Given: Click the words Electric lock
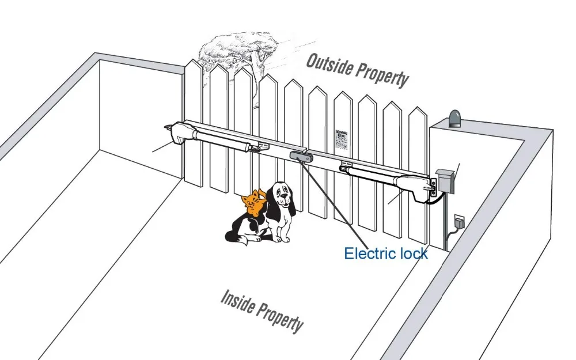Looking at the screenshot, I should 385,253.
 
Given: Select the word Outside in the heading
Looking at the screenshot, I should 328,65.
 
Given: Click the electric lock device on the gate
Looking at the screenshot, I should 298,155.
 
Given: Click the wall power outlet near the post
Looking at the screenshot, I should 459,221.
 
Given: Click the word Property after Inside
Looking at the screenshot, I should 280,316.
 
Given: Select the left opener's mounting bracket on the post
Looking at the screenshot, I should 168,126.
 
